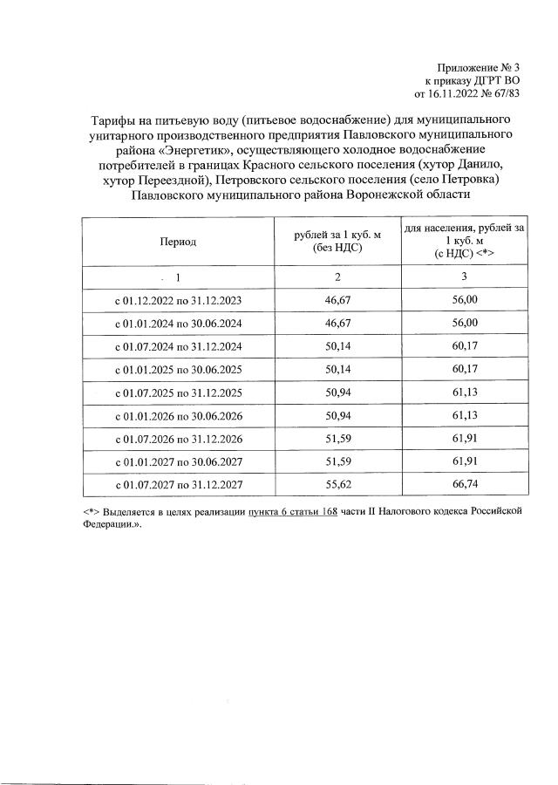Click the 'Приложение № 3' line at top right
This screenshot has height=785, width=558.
click(x=480, y=67)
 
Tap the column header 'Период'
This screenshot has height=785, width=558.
click(x=178, y=242)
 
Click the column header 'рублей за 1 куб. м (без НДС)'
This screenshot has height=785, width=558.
click(x=336, y=242)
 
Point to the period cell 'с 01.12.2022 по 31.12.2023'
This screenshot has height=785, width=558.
click(x=178, y=300)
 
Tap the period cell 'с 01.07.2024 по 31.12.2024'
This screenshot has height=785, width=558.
click(x=178, y=346)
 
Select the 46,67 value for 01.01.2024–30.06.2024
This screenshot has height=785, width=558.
click(x=336, y=323)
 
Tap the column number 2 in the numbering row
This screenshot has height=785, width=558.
click(x=336, y=276)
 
